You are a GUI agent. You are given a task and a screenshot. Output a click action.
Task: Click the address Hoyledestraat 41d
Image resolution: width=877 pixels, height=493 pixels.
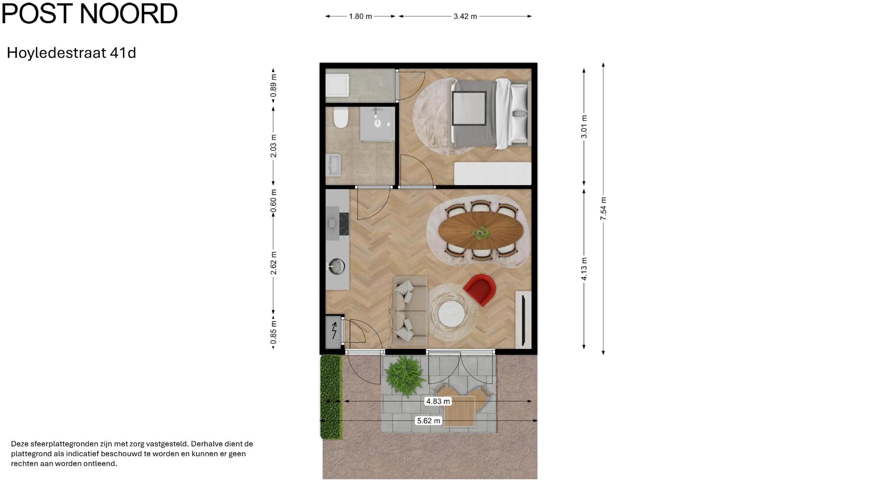(72, 53)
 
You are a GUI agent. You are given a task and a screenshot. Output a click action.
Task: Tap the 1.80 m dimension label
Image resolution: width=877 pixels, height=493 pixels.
(361, 16)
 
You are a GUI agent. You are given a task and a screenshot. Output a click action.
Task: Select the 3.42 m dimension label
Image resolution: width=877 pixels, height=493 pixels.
(465, 16)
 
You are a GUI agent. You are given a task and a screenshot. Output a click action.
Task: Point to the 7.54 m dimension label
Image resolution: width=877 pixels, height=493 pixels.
(603, 209)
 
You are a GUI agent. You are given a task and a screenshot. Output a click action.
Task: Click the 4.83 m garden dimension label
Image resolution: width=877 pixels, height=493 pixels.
(438, 401)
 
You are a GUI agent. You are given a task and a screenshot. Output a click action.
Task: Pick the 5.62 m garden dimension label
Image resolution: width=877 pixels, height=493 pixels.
(429, 421)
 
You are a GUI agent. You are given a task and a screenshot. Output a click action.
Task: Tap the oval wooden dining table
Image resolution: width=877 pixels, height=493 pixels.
(480, 232)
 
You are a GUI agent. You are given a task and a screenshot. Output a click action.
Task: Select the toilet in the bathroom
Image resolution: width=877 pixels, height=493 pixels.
(341, 118)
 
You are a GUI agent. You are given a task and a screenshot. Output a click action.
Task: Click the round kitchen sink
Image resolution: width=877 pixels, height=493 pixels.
(337, 267)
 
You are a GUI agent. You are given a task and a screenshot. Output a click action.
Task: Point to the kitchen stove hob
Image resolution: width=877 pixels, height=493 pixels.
(344, 224)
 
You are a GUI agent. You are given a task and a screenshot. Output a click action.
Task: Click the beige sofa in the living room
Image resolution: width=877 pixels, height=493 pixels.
(410, 311)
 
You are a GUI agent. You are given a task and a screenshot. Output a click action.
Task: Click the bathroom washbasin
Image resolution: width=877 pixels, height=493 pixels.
(333, 165)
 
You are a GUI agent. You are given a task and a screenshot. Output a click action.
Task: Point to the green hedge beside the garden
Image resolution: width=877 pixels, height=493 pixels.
(331, 397)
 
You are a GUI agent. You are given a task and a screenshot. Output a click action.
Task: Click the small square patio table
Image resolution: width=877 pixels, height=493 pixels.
(459, 411)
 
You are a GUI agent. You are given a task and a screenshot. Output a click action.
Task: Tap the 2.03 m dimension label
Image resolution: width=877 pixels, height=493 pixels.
(274, 146)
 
